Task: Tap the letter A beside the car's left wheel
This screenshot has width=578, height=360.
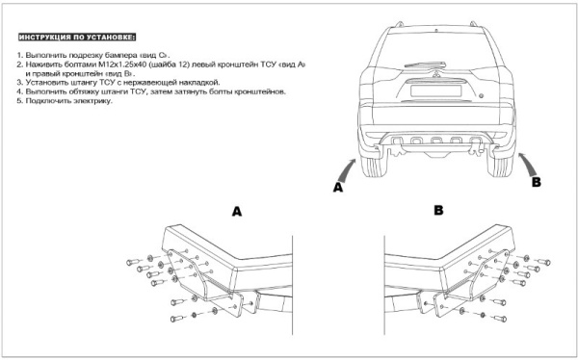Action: point(338,189)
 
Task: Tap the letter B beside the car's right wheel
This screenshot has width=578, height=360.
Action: point(538,181)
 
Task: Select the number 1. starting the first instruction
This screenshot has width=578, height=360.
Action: point(20,56)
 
